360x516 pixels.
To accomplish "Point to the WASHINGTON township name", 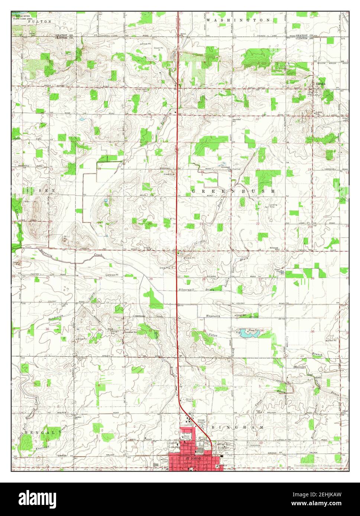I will (x=238, y=20).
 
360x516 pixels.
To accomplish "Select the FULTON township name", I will (x=42, y=22).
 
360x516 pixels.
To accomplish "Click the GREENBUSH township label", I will (x=234, y=191).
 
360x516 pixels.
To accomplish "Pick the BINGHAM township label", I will (x=238, y=428).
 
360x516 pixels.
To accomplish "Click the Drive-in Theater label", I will (x=190, y=400).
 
